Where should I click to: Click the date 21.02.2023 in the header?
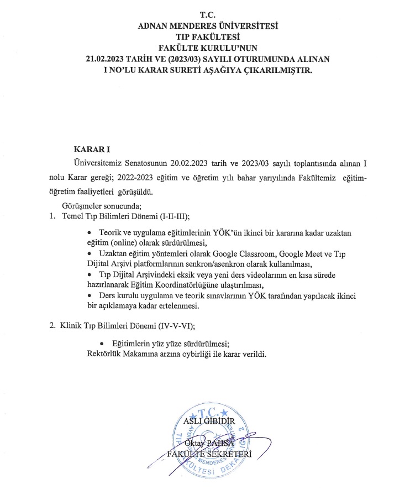(108, 59)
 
